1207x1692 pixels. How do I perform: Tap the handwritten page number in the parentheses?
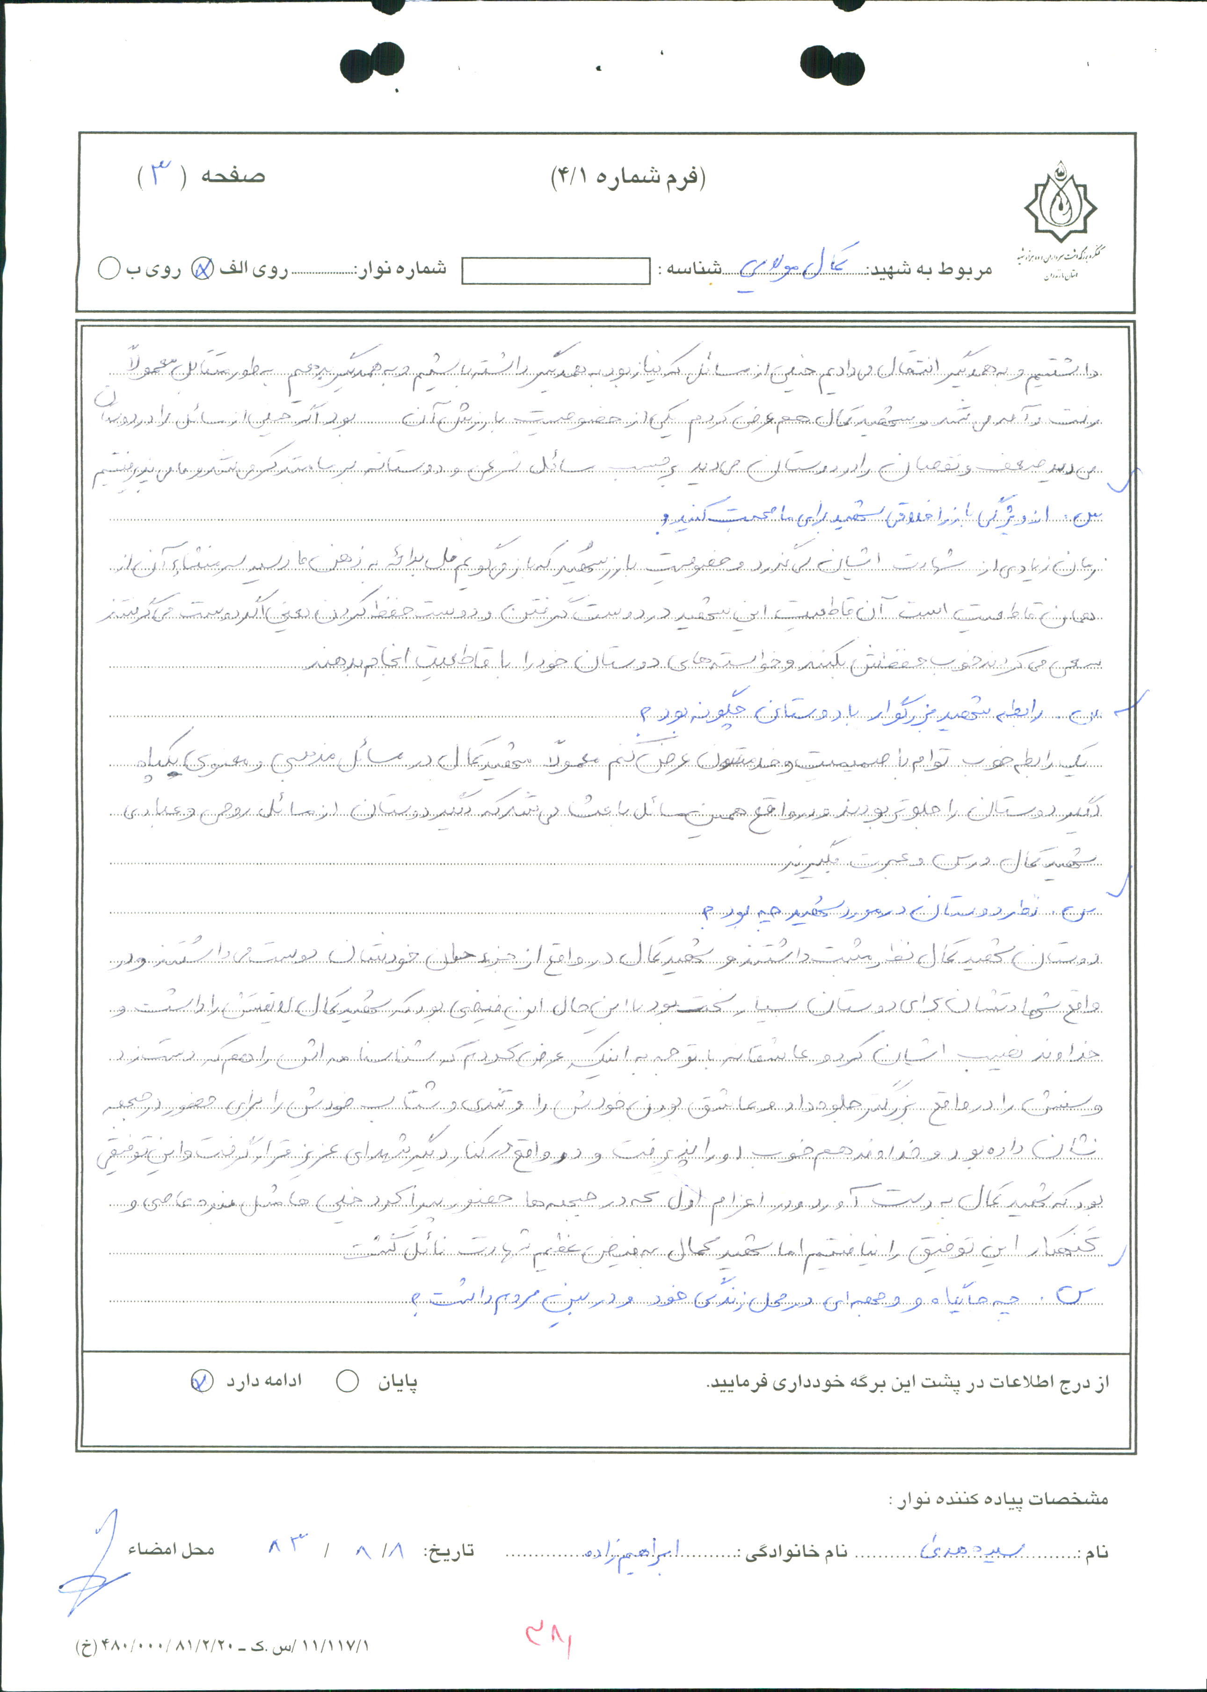[161, 175]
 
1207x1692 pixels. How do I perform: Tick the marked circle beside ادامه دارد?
[202, 1380]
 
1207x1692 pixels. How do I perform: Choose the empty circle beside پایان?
[347, 1381]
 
